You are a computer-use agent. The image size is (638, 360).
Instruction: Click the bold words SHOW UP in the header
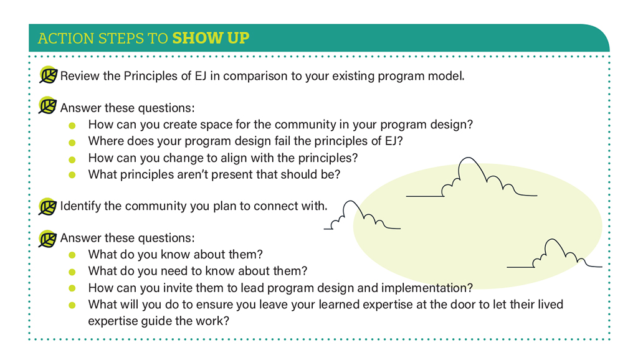pos(211,38)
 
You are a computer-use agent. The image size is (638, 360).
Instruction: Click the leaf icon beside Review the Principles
pos(49,75)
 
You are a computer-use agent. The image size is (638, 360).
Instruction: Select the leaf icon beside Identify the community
pos(47,206)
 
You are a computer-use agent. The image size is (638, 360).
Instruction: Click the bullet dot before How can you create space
pos(72,126)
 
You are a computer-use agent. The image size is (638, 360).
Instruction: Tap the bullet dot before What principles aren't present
pos(72,175)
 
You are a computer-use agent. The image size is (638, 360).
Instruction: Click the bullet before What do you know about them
pos(72,255)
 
